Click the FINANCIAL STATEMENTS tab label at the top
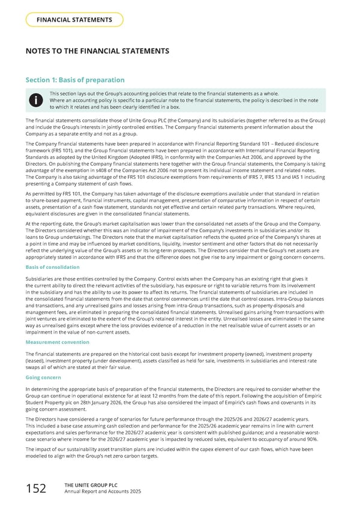(74, 19)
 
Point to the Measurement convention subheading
(58, 342)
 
